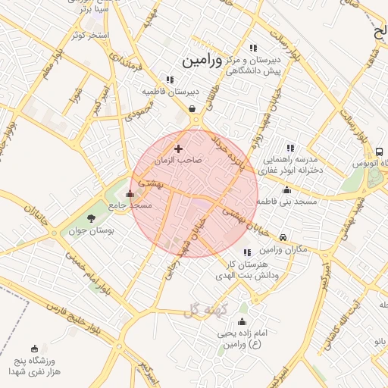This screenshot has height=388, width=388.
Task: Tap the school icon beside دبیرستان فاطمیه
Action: pyautogui.click(x=171, y=79)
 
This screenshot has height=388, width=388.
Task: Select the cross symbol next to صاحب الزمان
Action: pyautogui.click(x=179, y=149)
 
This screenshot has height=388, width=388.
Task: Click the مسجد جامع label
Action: pyautogui.click(x=130, y=205)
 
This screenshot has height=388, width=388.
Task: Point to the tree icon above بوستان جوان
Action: pyautogui.click(x=92, y=218)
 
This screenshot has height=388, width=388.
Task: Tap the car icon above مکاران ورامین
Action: pyautogui.click(x=283, y=236)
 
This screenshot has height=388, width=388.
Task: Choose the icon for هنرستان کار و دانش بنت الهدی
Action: pyautogui.click(x=247, y=252)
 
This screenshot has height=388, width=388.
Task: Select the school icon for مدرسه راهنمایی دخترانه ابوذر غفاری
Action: pyautogui.click(x=289, y=148)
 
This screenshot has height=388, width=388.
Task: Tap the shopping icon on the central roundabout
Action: pyautogui.click(x=194, y=108)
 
